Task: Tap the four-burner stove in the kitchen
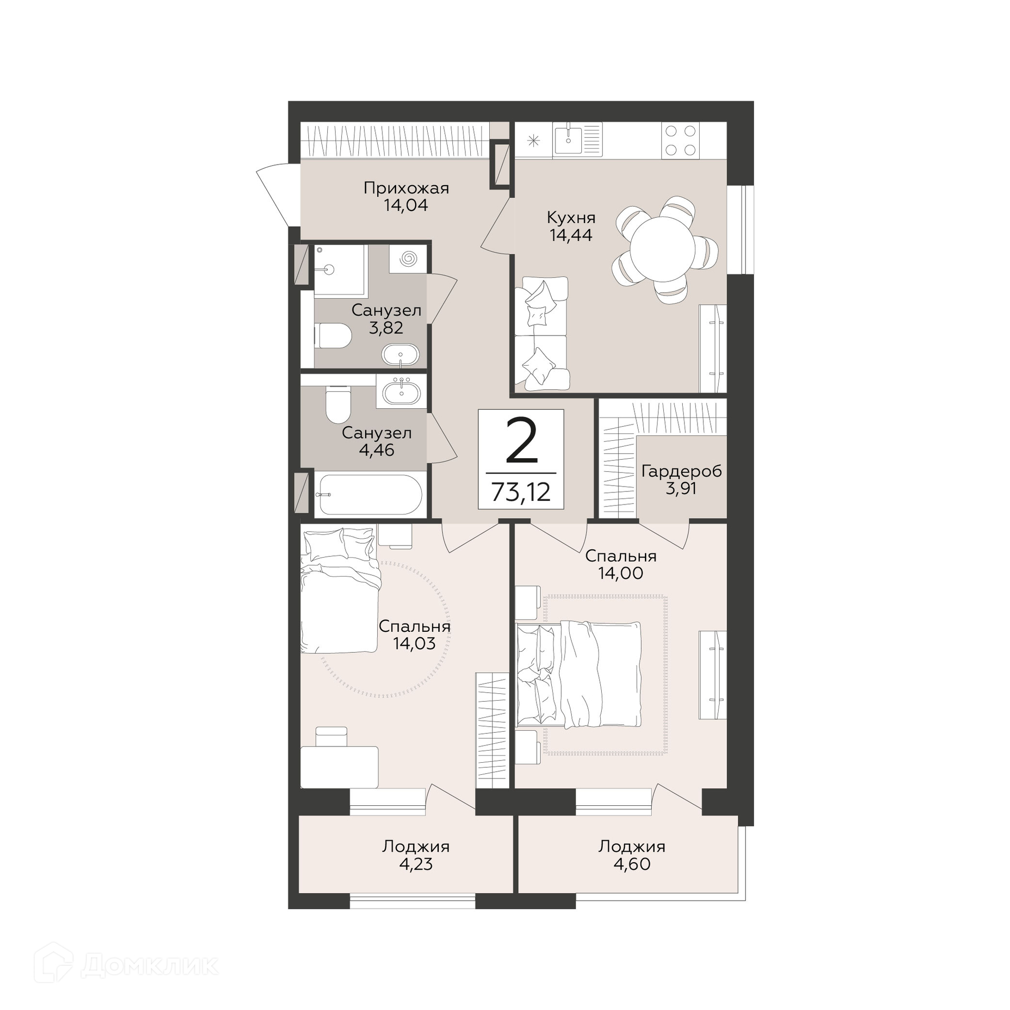click(680, 140)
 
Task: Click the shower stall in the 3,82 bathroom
click(339, 270)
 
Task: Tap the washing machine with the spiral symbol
click(408, 259)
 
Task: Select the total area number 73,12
click(521, 492)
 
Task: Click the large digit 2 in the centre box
click(521, 441)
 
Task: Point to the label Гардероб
click(681, 471)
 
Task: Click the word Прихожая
click(406, 188)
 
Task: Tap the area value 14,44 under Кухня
click(571, 235)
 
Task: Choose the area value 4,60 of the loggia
click(632, 864)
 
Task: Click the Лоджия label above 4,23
click(416, 846)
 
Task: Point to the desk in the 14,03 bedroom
click(339, 767)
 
